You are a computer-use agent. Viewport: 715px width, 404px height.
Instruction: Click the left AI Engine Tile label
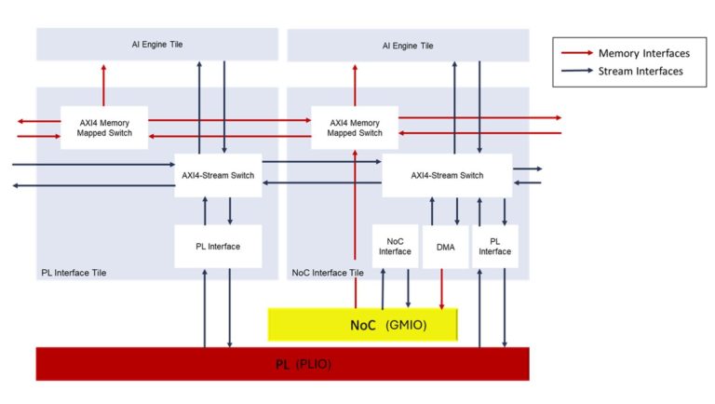point(156,44)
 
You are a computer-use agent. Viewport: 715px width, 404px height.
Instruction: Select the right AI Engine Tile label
point(407,46)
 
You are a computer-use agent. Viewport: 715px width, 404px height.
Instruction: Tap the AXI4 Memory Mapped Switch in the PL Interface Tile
point(103,128)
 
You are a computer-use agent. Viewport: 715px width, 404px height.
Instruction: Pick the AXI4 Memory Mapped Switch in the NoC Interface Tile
point(354,128)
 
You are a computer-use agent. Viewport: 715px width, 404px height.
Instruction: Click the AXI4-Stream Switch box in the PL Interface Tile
point(218,175)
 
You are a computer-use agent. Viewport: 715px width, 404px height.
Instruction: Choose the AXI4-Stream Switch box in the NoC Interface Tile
point(447,175)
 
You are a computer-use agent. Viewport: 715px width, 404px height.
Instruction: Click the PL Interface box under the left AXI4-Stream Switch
point(218,247)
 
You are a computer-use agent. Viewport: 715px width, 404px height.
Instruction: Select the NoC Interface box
point(395,247)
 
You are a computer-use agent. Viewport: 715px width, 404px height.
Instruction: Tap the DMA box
point(444,247)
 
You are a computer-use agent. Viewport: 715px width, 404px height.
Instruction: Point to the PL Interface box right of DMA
point(494,247)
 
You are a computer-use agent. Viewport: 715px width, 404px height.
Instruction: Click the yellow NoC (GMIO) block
point(363,325)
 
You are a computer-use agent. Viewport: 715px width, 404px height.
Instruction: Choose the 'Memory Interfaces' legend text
point(643,54)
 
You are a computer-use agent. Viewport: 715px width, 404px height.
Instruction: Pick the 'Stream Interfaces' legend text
point(641,71)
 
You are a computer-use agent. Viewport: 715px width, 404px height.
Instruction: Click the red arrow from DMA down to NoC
point(441,288)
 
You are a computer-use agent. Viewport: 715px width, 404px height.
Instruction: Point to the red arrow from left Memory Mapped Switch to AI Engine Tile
point(103,84)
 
